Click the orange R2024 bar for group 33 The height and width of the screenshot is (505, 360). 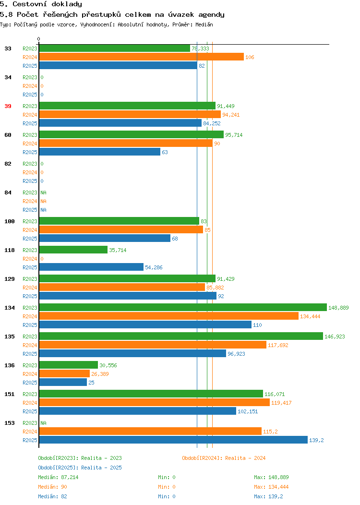[141, 57]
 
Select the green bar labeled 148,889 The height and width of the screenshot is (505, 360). [183, 308]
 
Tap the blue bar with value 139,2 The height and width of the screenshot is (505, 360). [173, 440]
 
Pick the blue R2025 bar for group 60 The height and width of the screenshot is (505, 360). [99, 152]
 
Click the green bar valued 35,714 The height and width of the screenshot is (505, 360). [73, 250]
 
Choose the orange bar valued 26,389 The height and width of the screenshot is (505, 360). [64, 373]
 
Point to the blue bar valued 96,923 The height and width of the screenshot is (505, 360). [132, 354]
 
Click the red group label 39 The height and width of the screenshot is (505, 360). [8, 106]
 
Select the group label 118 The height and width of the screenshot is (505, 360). [9, 250]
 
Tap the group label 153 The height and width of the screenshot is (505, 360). [9, 423]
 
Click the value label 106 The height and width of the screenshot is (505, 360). [250, 57]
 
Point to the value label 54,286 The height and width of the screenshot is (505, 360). [154, 268]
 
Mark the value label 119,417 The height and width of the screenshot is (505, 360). [281, 403]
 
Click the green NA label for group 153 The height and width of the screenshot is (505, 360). [44, 423]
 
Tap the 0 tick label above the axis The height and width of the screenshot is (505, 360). [39, 39]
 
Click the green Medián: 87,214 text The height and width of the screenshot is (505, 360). [58, 477]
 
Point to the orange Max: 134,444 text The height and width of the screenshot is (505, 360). [271, 487]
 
